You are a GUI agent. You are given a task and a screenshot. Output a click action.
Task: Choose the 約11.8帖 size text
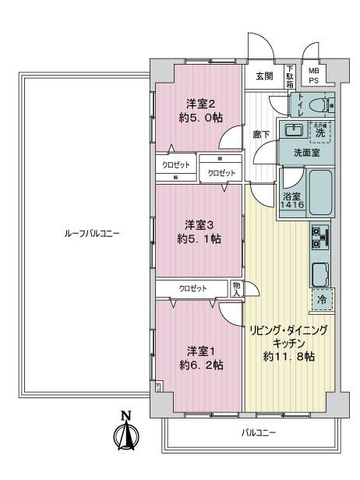coord(289,355)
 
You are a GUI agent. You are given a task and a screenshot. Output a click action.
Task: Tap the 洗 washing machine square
coord(320,132)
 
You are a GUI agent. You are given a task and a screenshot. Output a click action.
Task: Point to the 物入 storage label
coord(237,289)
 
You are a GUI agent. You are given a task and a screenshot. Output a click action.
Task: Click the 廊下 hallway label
coord(262,135)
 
